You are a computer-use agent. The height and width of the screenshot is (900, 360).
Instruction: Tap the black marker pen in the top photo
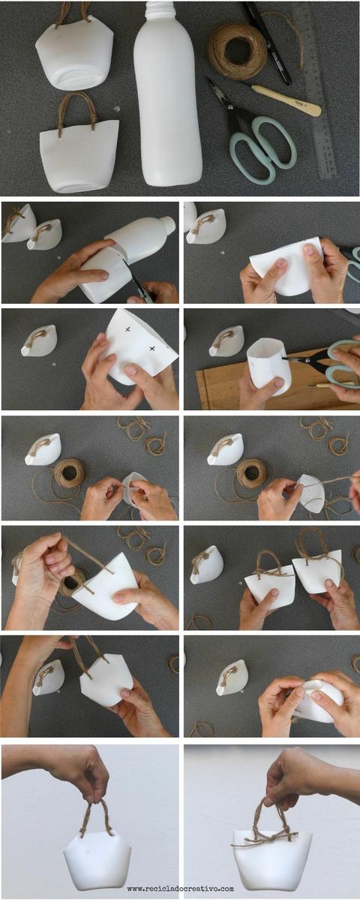[x=268, y=43]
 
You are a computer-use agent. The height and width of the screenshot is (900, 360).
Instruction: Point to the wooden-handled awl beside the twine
[x=286, y=99]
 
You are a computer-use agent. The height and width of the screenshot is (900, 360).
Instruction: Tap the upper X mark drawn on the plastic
[x=127, y=329]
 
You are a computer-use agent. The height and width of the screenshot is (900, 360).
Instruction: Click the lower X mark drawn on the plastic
[x=151, y=348]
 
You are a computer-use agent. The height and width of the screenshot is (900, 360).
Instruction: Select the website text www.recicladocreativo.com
[x=181, y=888]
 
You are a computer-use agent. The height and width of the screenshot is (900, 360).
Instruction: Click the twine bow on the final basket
[x=265, y=840]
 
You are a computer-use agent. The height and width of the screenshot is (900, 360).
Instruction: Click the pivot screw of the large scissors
[x=231, y=108]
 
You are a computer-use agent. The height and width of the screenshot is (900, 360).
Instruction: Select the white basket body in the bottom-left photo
[x=97, y=856]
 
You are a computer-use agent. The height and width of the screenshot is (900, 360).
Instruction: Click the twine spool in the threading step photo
[x=69, y=473]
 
